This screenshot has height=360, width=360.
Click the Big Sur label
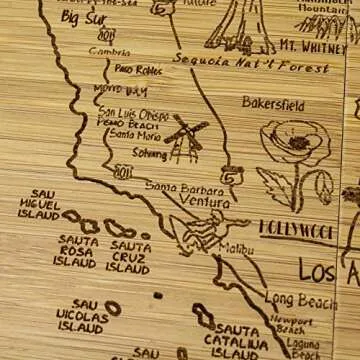(x=84, y=17)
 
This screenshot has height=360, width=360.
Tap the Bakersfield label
(x=272, y=102)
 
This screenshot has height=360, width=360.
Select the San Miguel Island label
(x=39, y=204)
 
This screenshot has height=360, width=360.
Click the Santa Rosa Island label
(x=77, y=252)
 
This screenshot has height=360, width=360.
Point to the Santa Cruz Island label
(x=129, y=256)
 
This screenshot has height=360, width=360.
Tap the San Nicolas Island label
(x=83, y=315)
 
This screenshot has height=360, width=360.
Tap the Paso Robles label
(x=137, y=69)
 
